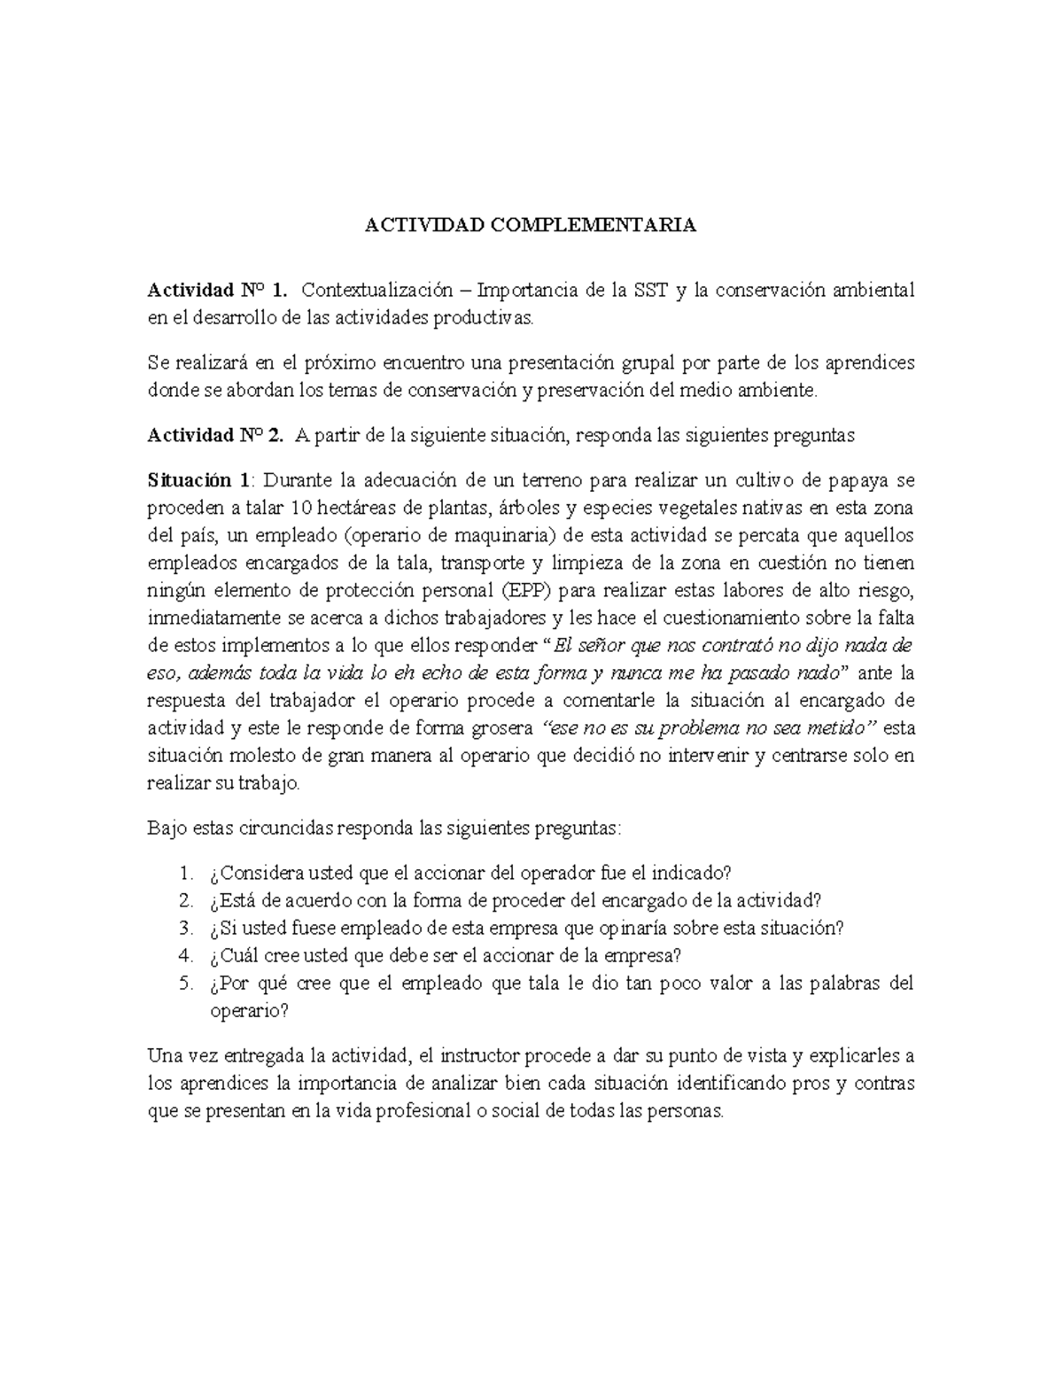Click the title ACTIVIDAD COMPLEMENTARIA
pyautogui.click(x=531, y=225)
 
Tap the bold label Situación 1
pyautogui.click(x=199, y=480)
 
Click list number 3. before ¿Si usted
pyautogui.click(x=185, y=929)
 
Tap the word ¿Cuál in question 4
pyautogui.click(x=231, y=956)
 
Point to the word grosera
pyautogui.click(x=505, y=728)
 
